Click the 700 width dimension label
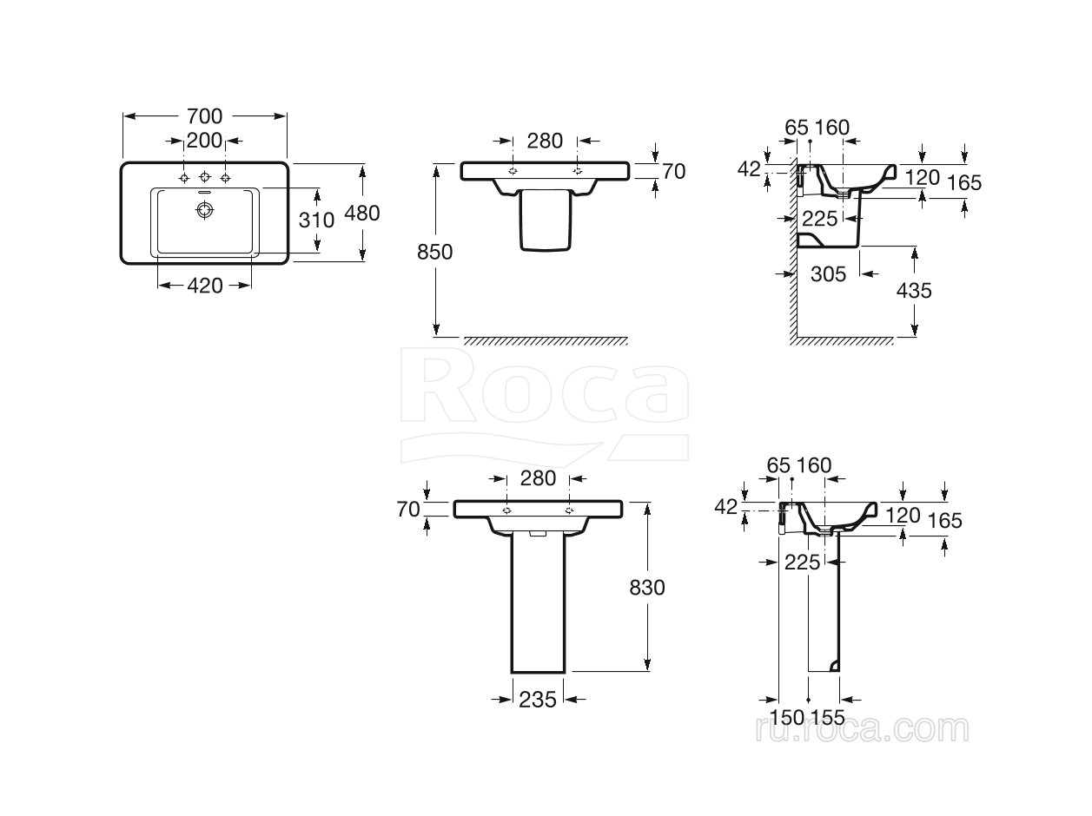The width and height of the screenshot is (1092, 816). [x=204, y=116]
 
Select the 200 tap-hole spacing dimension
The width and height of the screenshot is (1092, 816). [x=204, y=141]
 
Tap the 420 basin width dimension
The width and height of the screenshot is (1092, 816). [x=204, y=286]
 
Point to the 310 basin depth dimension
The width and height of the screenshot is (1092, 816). [x=316, y=220]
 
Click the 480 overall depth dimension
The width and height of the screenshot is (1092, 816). [x=362, y=214]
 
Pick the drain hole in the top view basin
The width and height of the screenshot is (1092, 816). [x=204, y=210]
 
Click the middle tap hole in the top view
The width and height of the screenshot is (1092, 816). [x=204, y=177]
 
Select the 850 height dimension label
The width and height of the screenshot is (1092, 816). [x=435, y=252]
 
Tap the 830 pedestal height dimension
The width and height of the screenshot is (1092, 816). [x=646, y=588]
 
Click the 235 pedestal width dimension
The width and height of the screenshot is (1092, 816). [x=537, y=700]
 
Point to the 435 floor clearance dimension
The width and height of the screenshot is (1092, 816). [x=914, y=290]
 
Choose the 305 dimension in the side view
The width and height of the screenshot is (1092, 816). [x=828, y=273]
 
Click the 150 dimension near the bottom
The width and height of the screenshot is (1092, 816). [x=787, y=717]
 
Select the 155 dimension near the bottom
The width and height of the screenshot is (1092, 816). [x=828, y=717]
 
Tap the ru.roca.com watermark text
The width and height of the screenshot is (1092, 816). [x=862, y=728]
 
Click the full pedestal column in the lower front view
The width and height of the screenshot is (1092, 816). [x=538, y=603]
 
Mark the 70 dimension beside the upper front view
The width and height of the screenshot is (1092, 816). [x=673, y=172]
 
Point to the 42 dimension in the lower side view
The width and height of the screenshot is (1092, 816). [x=726, y=506]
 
